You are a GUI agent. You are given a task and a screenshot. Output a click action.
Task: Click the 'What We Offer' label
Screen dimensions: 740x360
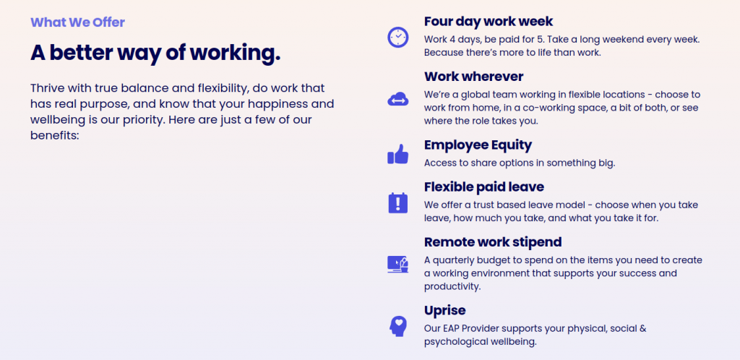click(77, 22)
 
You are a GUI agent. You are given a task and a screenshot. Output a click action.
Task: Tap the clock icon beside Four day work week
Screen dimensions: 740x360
click(398, 37)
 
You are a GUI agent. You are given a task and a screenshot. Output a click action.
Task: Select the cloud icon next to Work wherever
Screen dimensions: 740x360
click(398, 100)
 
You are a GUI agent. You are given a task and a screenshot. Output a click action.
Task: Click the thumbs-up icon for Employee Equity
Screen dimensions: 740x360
click(398, 154)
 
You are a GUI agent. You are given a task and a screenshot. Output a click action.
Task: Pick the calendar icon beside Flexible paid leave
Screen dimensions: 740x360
click(398, 203)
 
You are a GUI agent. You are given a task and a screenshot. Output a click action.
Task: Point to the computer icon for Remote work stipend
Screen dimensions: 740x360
click(398, 265)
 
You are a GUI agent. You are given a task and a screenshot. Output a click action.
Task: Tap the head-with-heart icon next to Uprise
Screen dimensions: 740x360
click(398, 326)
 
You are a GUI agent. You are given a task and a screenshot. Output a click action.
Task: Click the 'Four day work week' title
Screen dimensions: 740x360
click(489, 22)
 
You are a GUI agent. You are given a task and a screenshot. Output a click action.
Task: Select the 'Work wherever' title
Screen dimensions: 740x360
click(474, 77)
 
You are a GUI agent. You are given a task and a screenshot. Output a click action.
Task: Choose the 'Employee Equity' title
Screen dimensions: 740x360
click(478, 145)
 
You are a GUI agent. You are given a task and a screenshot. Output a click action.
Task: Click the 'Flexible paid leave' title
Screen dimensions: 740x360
click(484, 187)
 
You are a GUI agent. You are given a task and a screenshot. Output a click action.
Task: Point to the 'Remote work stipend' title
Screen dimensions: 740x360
click(493, 242)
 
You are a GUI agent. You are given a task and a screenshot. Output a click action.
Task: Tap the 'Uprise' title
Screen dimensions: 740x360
click(445, 310)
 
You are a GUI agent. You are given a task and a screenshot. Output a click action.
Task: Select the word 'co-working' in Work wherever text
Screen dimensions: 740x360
click(551, 108)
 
